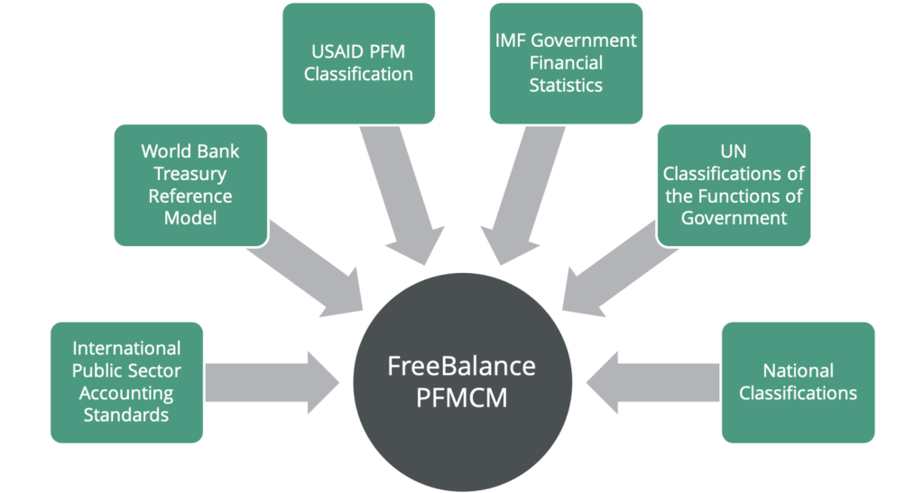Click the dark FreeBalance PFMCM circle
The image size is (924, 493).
pyautogui.click(x=461, y=383)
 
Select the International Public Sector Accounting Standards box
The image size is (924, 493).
pyautogui.click(x=127, y=381)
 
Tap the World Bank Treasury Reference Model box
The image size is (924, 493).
pyautogui.click(x=189, y=185)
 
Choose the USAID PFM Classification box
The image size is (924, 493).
pyautogui.click(x=358, y=63)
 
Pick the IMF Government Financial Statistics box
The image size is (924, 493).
pyautogui.click(x=566, y=63)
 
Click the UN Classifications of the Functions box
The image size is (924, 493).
pyautogui.click(x=734, y=185)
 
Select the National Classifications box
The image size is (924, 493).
pyautogui.click(x=798, y=381)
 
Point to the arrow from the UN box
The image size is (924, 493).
pyautogui.click(x=614, y=270)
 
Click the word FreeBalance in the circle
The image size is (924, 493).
pyautogui.click(x=461, y=367)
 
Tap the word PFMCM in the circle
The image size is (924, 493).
pyautogui.click(x=461, y=397)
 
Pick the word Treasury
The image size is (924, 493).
pyautogui.click(x=189, y=173)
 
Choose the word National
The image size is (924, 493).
pyautogui.click(x=798, y=370)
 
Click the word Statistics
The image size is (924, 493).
pyautogui.click(x=566, y=86)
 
